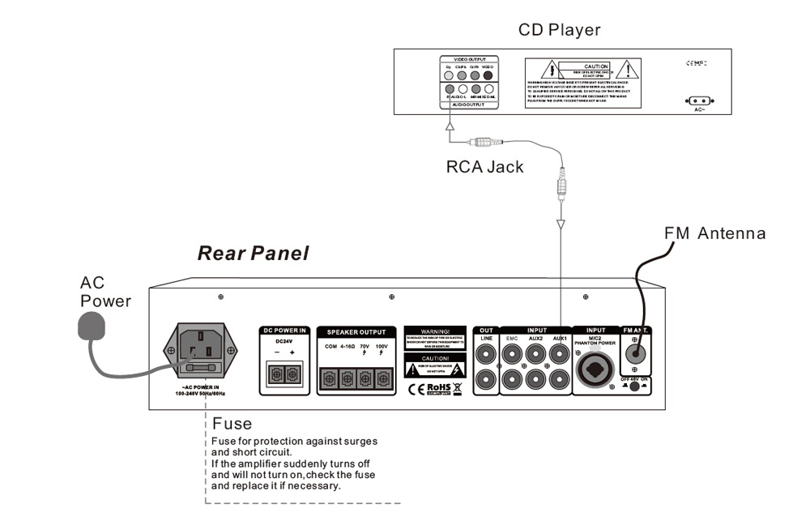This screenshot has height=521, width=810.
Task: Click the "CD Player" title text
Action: [x=559, y=31]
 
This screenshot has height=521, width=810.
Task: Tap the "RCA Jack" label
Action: [x=485, y=168]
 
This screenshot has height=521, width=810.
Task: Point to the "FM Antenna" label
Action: [x=714, y=233]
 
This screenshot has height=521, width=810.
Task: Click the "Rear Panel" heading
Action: [x=253, y=254]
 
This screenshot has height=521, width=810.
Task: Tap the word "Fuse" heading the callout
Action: [x=232, y=424]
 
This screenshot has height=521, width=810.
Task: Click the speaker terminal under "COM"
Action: [x=330, y=377]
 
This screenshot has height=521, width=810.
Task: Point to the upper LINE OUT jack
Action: [x=487, y=354]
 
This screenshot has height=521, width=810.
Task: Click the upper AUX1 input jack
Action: [x=559, y=354]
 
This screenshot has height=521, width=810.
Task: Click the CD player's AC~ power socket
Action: [x=698, y=101]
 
